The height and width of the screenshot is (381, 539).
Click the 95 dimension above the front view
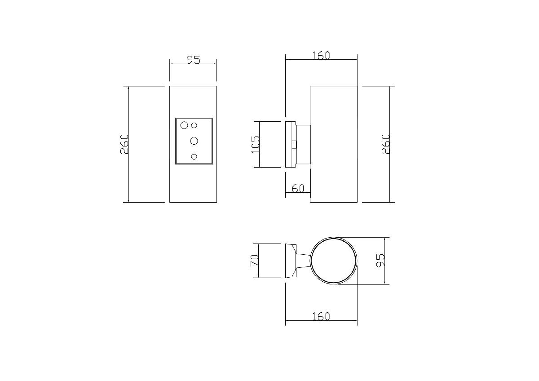194,60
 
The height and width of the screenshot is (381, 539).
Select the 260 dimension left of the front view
124,144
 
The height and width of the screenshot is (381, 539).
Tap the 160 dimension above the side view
321,55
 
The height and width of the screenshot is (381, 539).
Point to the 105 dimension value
255,144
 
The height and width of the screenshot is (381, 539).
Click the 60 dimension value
298,188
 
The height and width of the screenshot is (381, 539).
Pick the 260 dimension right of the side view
386,144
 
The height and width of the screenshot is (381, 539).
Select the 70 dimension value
255,261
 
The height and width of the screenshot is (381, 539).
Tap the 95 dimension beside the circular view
380,260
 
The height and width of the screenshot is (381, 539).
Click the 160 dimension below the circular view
321,316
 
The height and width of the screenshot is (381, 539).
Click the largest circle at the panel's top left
184,125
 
